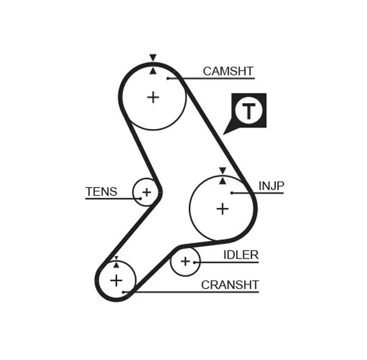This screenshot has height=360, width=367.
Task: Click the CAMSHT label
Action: (228, 71)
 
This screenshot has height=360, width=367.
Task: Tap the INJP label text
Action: (271, 186)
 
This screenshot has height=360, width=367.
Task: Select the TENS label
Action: (101, 191)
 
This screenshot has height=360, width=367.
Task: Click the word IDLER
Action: (240, 255)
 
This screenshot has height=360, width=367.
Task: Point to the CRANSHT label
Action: (230, 285)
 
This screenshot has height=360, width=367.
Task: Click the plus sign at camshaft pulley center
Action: (153, 97)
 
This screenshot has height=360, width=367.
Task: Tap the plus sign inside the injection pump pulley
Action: (223, 208)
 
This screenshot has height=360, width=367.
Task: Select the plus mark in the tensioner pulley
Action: (146, 193)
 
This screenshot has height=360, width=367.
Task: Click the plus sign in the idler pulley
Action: (185, 262)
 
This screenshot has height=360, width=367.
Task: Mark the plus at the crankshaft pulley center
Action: (116, 281)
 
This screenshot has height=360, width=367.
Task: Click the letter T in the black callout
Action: (248, 111)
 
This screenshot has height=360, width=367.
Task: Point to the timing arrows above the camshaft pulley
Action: (153, 64)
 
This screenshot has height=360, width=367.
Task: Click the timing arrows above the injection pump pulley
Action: (223, 175)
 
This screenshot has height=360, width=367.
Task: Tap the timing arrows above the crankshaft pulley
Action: (116, 262)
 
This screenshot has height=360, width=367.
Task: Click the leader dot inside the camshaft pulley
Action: (168, 78)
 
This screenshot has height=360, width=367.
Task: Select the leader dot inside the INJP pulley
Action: (232, 193)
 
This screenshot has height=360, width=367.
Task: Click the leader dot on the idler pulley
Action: (195, 262)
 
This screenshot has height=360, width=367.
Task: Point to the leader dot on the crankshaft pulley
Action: (124, 292)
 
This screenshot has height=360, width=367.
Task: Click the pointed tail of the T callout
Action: (226, 132)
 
